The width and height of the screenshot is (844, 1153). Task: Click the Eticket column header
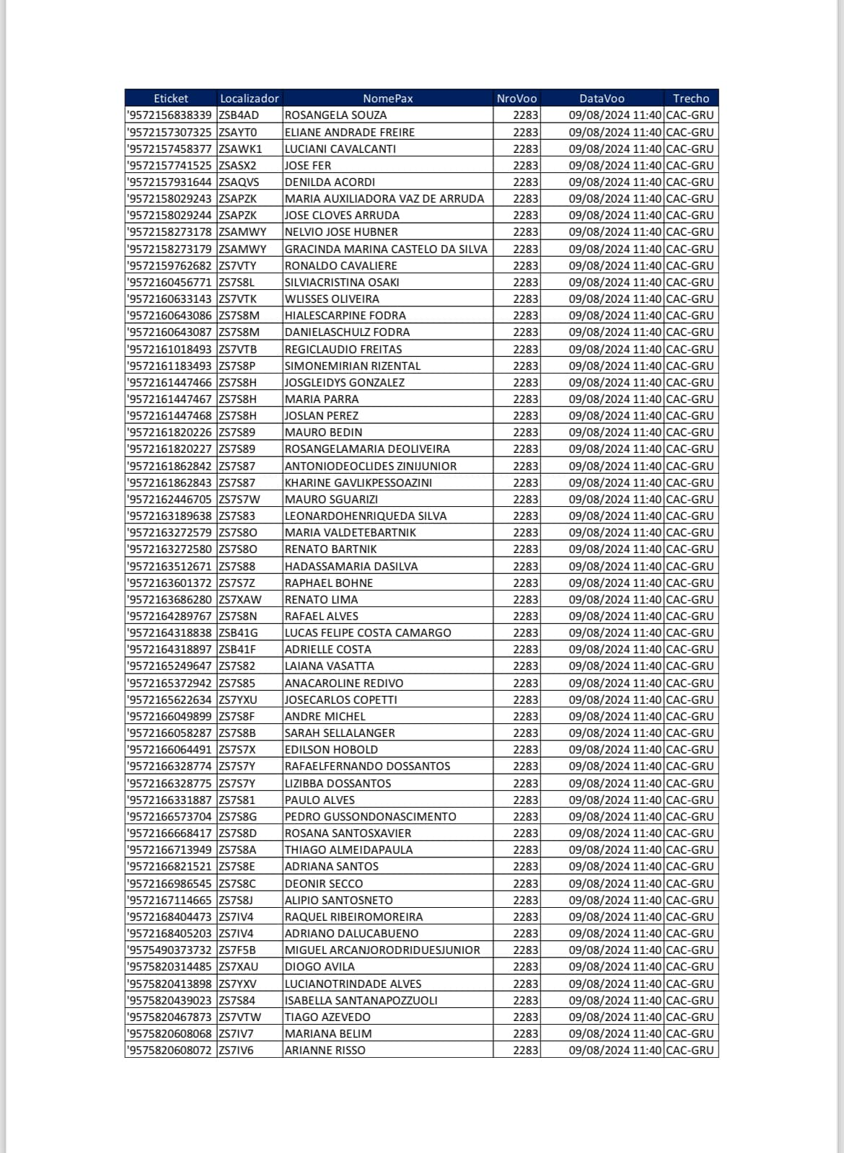coord(171,98)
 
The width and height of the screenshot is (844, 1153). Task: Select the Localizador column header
coord(249,98)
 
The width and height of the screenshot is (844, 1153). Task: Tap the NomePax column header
coord(387,98)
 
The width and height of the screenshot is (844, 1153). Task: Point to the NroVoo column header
coord(516,98)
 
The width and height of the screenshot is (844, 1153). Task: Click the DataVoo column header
coord(602,98)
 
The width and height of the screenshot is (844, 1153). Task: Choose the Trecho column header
coord(690,98)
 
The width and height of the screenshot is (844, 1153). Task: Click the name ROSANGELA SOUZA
coord(335,115)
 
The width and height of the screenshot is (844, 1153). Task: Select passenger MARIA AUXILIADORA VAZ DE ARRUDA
coord(384,198)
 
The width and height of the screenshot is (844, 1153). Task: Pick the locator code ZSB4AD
coord(238,115)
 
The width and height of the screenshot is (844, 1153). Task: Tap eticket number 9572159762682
coord(170,265)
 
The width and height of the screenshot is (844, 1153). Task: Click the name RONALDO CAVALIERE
coord(340,265)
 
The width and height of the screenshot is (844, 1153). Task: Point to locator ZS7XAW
coord(239,599)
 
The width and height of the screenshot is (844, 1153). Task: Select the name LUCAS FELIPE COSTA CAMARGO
coord(368,632)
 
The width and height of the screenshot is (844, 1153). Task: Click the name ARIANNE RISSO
coord(325,1050)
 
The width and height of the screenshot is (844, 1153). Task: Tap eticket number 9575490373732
coord(170,950)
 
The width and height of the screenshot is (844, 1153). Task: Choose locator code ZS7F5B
coord(237,950)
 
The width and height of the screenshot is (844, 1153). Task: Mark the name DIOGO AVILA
coord(320,966)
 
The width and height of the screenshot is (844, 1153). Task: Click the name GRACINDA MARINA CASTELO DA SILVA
coord(386,249)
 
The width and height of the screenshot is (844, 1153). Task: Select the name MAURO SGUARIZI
coord(331,499)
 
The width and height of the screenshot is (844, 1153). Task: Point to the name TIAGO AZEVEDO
coord(328,1017)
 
